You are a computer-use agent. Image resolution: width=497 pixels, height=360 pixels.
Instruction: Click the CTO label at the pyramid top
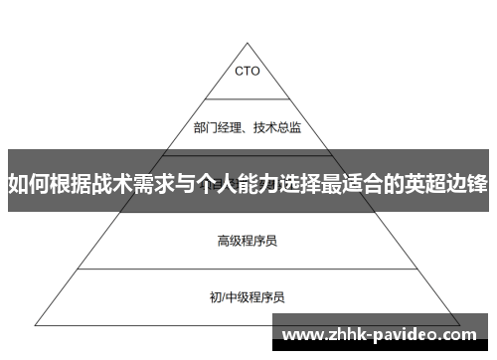click(x=248, y=71)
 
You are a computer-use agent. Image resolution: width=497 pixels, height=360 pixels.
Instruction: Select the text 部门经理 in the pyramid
click(x=216, y=126)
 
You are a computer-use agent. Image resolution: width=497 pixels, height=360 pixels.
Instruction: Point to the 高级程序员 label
click(x=248, y=211)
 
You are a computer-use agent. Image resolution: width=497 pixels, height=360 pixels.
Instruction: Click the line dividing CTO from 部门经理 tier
click(x=248, y=97)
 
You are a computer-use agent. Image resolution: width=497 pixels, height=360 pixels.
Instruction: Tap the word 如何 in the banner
click(x=27, y=183)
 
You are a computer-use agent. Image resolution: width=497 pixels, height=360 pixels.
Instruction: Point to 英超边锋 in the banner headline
click(x=449, y=183)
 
